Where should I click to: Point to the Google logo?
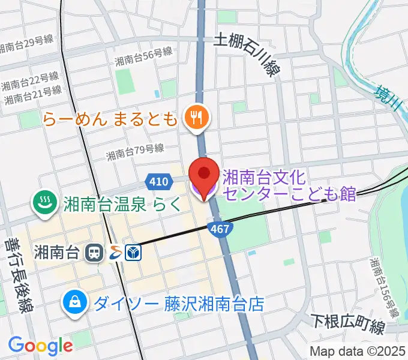pos(40,346)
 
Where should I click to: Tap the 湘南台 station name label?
pos(57,253)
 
